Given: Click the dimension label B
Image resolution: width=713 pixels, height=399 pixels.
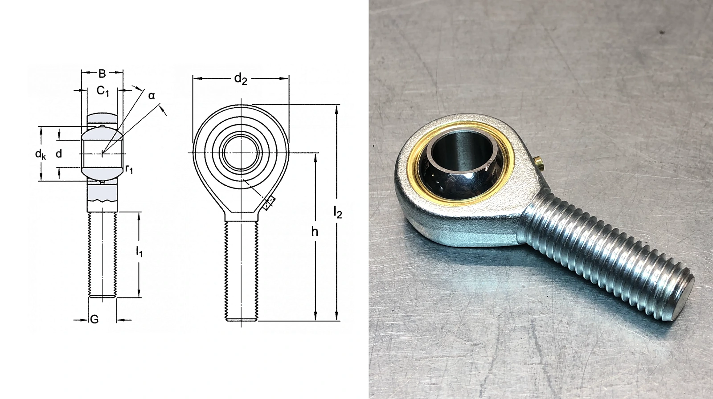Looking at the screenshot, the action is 102,73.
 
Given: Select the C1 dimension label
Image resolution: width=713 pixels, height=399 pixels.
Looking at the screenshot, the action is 103,91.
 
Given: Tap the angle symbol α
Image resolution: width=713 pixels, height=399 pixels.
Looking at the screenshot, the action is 152,95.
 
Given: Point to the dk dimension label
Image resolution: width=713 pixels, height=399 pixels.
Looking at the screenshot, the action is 41,155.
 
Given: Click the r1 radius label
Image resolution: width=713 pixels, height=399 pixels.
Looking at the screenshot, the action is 129,169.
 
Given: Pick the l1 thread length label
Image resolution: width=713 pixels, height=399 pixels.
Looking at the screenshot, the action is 139,252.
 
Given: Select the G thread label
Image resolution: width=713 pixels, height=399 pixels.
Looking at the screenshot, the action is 94,319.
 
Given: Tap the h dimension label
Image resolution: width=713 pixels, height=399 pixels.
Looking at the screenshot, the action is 315,232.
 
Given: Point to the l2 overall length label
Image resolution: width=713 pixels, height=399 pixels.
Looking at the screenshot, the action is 338,212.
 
